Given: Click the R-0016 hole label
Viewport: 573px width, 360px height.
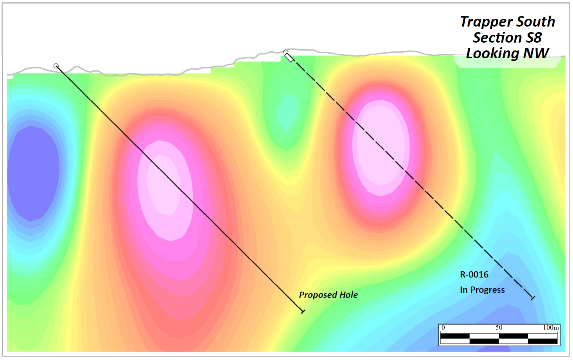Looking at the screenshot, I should click(474, 275).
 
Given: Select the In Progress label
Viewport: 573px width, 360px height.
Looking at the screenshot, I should click(482, 290).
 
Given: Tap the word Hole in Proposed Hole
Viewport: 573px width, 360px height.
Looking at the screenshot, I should click(348, 295).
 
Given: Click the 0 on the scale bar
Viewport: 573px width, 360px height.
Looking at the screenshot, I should click(443, 328).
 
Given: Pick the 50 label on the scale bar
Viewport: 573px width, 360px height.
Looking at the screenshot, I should click(499, 328).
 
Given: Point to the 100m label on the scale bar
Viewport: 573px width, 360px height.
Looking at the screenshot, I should click(551, 328).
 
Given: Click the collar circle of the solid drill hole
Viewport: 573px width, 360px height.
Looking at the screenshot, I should click(56, 66).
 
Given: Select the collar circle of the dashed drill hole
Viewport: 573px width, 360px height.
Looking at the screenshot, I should click(286, 52).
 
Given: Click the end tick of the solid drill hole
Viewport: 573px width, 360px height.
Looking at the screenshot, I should click(302, 311).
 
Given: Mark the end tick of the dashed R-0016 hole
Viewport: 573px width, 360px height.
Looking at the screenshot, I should click(533, 298).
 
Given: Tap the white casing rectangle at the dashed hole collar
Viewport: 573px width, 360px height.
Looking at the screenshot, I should click(289, 58).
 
